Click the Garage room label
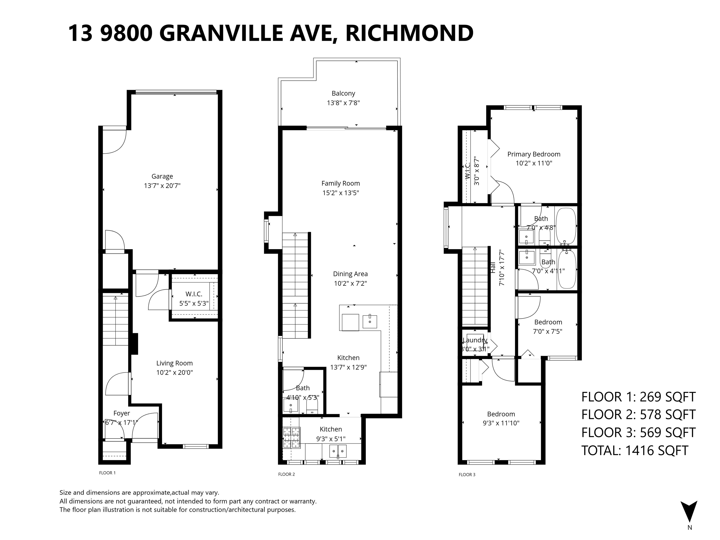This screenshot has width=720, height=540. point(162,176)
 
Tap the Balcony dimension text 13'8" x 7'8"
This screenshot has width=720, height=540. point(343,103)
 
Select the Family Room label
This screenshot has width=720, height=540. point(341,183)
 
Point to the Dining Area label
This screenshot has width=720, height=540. point(350,274)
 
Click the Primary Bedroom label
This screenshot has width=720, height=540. point(534,154)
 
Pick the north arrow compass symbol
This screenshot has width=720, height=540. point(689,512)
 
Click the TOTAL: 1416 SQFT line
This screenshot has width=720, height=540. point(635,450)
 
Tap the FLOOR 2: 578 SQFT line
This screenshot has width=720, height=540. point(638,415)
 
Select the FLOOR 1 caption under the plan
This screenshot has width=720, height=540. point(107,473)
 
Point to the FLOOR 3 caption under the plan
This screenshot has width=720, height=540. point(467,475)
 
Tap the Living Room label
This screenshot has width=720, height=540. point(174,363)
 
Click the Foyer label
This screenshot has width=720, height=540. point(121,413)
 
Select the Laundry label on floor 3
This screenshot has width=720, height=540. point(475,340)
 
